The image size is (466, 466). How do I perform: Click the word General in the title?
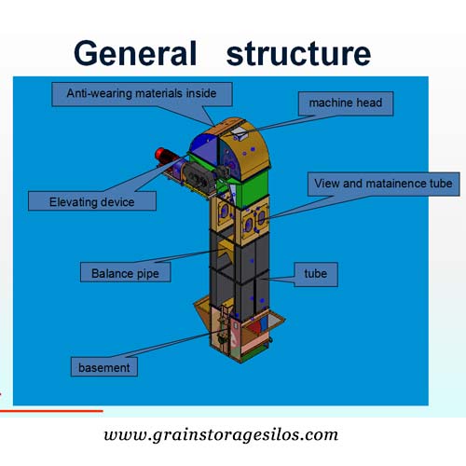(x=135, y=53)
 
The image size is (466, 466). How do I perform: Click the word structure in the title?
(x=298, y=53)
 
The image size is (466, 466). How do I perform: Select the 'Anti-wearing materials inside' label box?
(x=142, y=94)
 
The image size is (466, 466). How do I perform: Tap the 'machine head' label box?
(x=346, y=103)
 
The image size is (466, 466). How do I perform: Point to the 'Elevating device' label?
(x=92, y=201)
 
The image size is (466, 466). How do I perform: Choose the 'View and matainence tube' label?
(x=383, y=184)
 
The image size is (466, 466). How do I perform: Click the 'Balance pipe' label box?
(x=125, y=272)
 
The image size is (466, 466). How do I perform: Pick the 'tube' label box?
(x=316, y=274)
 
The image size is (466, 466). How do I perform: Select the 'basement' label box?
(x=104, y=367)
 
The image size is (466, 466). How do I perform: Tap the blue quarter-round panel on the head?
(x=204, y=146)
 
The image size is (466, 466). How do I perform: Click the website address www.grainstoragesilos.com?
(x=221, y=435)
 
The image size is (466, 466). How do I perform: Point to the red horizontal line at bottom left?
(x=51, y=411)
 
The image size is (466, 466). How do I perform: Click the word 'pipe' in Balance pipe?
(x=148, y=274)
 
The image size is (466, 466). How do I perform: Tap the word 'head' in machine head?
(x=369, y=103)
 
